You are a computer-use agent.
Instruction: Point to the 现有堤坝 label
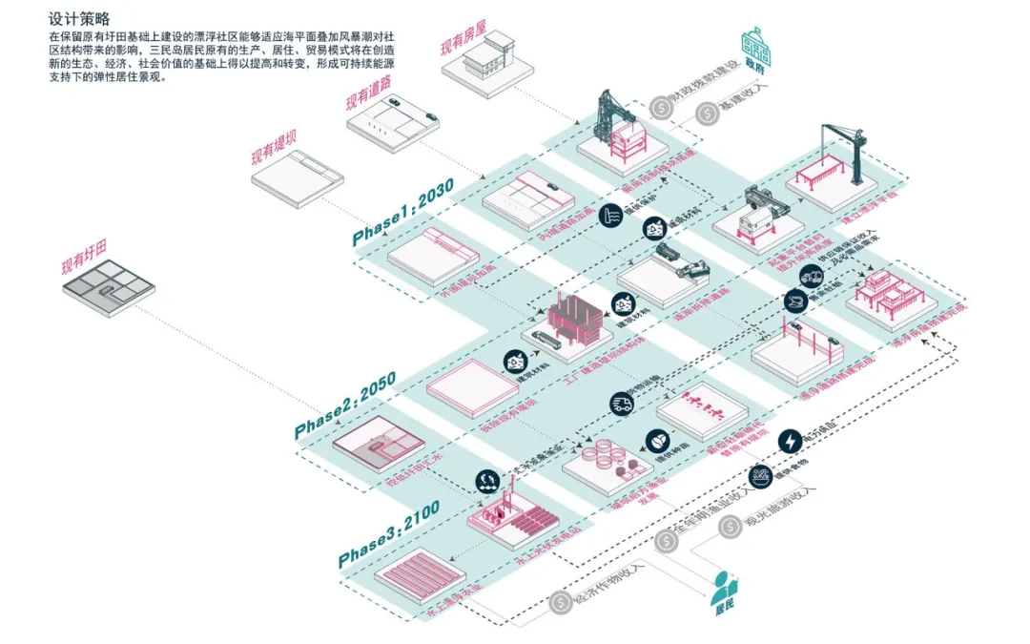274,148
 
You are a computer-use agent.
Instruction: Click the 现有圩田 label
78,265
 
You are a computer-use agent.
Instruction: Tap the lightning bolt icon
792,440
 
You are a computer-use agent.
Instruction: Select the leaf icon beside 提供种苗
656,441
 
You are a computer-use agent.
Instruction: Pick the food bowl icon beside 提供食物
760,477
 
